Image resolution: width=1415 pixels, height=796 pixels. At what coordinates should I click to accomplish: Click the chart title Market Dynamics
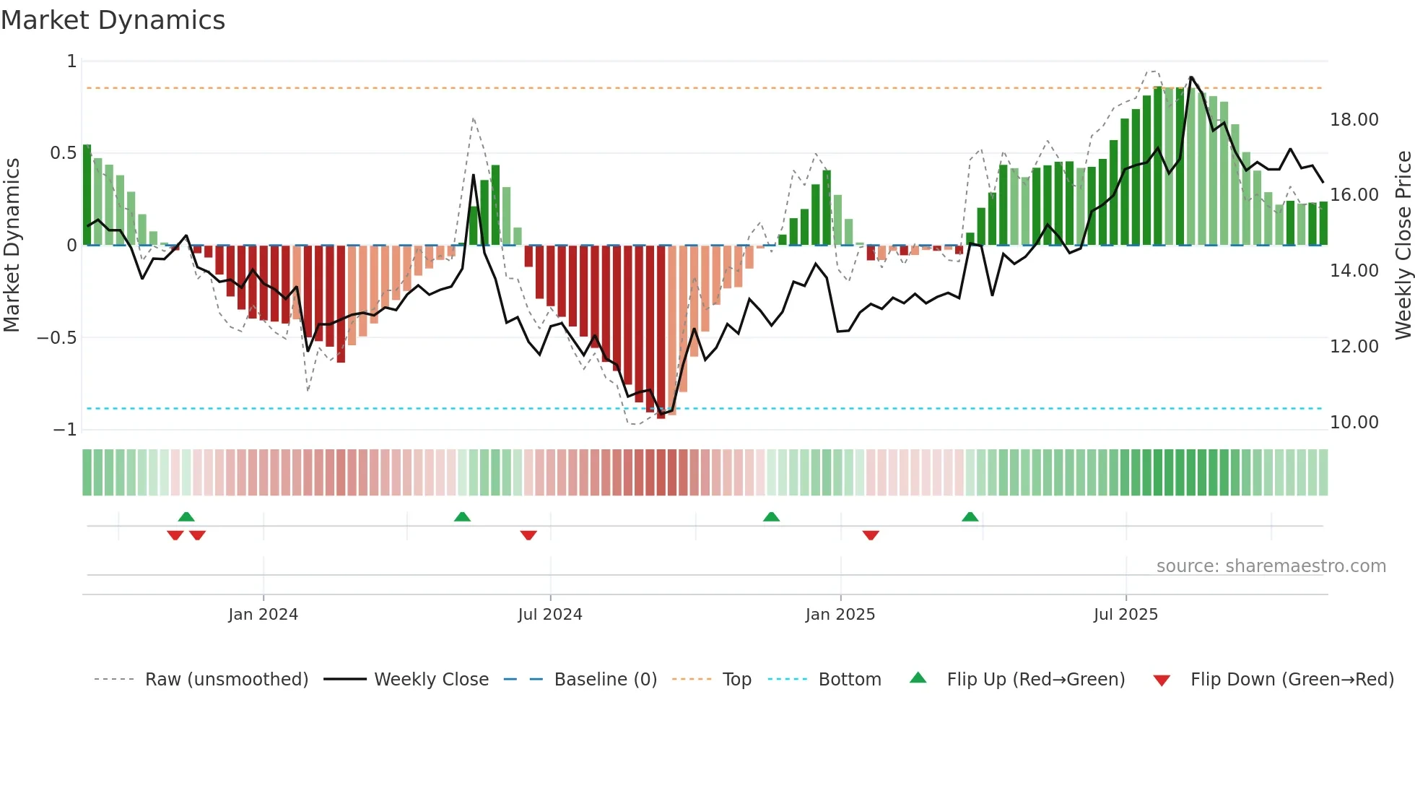[x=113, y=20]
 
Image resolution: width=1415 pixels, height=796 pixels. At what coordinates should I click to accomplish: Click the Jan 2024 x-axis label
[x=263, y=615]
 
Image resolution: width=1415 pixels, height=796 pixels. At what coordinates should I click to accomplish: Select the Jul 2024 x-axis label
[x=549, y=615]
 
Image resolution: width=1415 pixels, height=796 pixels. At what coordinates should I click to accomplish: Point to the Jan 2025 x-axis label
[x=840, y=615]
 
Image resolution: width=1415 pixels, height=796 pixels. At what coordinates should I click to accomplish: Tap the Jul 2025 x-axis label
[x=1125, y=615]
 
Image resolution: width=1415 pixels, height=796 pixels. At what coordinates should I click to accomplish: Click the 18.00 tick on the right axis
[x=1354, y=120]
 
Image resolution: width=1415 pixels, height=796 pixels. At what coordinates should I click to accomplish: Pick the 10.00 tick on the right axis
[x=1354, y=423]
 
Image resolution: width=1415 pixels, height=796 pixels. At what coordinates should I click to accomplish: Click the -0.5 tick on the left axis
[x=57, y=338]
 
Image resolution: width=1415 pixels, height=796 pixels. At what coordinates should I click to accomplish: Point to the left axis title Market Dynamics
[x=12, y=245]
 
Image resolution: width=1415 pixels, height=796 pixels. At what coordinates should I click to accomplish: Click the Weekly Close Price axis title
[x=1403, y=245]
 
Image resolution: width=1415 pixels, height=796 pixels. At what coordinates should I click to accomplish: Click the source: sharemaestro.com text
[x=1271, y=566]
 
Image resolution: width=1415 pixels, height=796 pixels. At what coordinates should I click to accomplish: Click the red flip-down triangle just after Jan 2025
[x=871, y=535]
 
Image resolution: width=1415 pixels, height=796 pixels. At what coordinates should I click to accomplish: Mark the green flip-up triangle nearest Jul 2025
[x=970, y=516]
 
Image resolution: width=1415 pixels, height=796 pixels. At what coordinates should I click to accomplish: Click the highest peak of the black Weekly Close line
[x=1190, y=77]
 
